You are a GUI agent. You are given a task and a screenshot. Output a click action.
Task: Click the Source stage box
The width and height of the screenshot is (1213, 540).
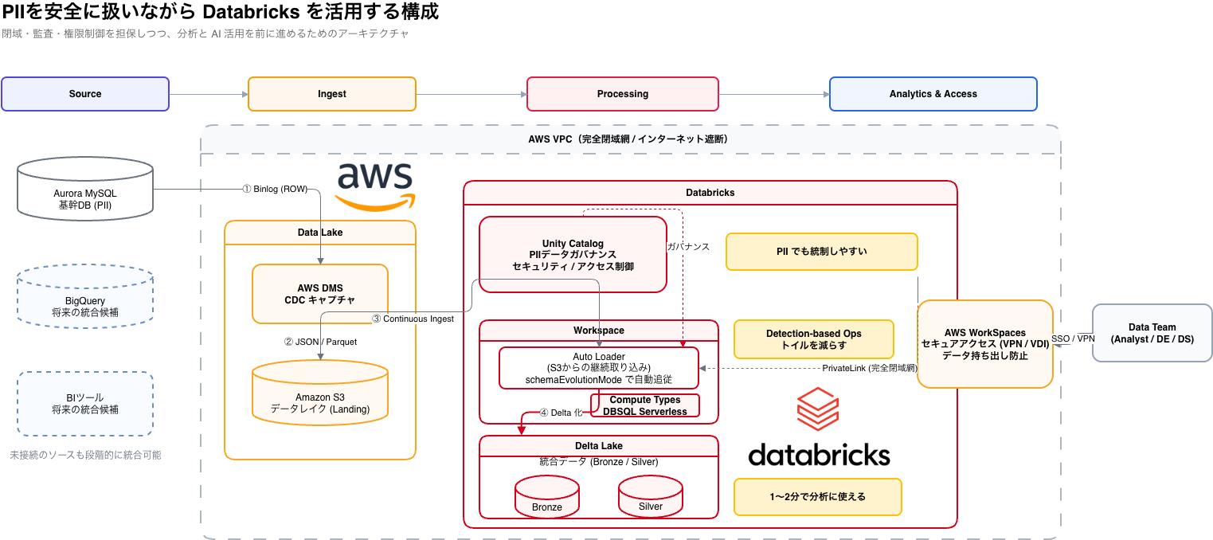click(x=85, y=94)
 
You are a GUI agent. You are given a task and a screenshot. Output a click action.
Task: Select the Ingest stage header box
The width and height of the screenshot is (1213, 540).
click(x=332, y=94)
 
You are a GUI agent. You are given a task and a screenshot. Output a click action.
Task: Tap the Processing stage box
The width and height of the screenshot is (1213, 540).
click(x=623, y=94)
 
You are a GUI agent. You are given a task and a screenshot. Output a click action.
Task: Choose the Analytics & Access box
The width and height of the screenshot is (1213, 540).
click(x=933, y=94)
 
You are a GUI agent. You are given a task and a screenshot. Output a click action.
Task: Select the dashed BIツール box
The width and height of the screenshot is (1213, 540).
click(x=85, y=404)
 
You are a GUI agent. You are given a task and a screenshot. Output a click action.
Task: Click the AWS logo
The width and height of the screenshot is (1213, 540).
click(x=375, y=185)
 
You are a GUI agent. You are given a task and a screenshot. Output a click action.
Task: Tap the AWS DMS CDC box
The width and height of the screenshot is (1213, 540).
click(x=320, y=294)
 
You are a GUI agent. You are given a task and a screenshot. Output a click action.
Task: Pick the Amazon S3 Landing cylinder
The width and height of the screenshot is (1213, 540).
click(x=320, y=395)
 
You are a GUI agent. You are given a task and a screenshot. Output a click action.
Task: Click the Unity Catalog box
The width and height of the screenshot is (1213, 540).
click(x=573, y=255)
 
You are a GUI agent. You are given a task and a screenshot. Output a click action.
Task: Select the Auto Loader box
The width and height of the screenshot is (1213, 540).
click(x=599, y=368)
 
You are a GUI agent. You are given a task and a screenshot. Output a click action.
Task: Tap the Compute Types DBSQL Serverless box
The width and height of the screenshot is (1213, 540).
click(x=645, y=405)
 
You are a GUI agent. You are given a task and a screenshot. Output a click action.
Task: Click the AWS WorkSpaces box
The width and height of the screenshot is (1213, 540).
click(x=985, y=344)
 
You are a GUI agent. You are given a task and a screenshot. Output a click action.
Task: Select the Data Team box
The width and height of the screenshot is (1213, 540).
click(x=1152, y=333)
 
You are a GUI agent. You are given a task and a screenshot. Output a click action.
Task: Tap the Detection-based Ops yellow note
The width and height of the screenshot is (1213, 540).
click(x=813, y=339)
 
